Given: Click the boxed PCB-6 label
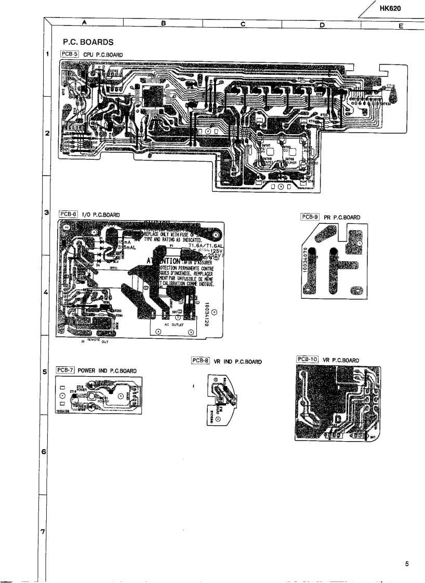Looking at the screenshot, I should coord(68,214).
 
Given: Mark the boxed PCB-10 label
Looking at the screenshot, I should coord(307,359).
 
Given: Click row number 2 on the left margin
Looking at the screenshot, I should coord(47,134).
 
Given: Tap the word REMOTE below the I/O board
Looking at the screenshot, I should coord(95,341).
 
